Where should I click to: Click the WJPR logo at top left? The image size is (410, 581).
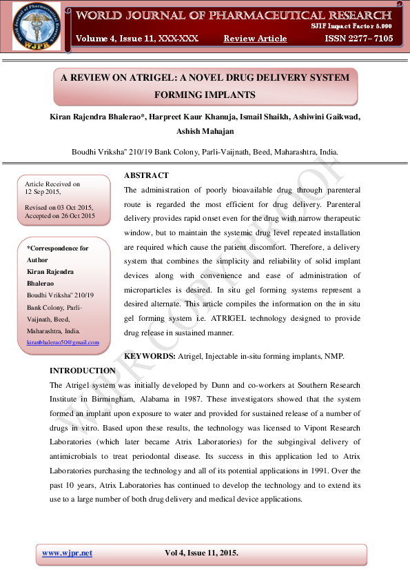point(36,26)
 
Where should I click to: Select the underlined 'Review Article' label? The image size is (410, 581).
point(255,39)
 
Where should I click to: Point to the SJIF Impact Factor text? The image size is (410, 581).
point(351,25)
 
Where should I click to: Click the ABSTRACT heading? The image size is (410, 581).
point(146,176)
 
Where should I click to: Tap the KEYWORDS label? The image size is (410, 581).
point(150,356)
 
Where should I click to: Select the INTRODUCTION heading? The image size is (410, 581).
point(83,371)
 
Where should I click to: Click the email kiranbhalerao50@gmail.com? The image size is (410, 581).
point(63,343)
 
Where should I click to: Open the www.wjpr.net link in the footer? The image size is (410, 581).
point(67,553)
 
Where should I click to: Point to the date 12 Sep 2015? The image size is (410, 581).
point(43,193)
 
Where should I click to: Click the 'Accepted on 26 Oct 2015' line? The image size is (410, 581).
point(60,216)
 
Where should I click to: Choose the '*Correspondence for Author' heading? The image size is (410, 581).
point(57,254)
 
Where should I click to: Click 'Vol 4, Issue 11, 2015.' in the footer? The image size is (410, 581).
point(201,553)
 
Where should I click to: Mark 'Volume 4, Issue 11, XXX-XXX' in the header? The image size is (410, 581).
point(137,39)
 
